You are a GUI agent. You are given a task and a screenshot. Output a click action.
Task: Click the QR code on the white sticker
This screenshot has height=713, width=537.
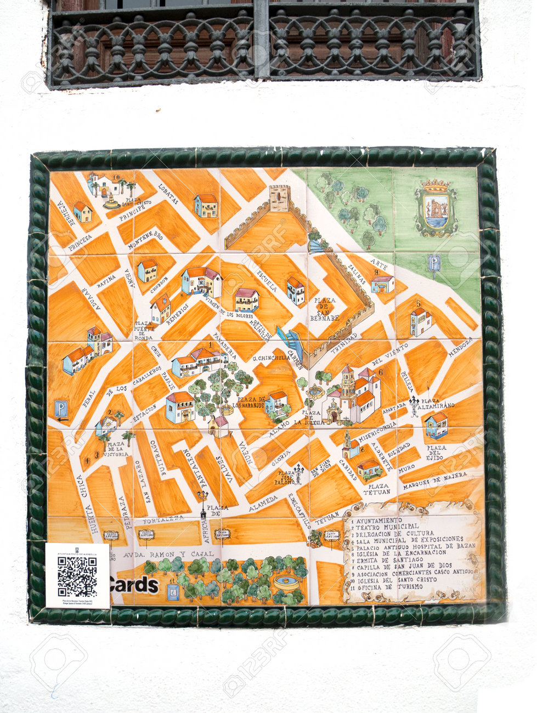pyautogui.click(x=77, y=576)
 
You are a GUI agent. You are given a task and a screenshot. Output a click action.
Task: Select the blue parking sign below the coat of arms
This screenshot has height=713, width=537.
pyautogui.click(x=434, y=264)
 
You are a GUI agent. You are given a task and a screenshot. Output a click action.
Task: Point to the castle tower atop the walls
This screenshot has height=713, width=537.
pyautogui.click(x=279, y=198)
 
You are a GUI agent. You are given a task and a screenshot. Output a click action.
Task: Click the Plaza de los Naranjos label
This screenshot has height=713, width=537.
pyautogui.click(x=252, y=403)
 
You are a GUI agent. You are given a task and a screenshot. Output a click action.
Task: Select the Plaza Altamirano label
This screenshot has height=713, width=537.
pyautogui.click(x=437, y=403)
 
